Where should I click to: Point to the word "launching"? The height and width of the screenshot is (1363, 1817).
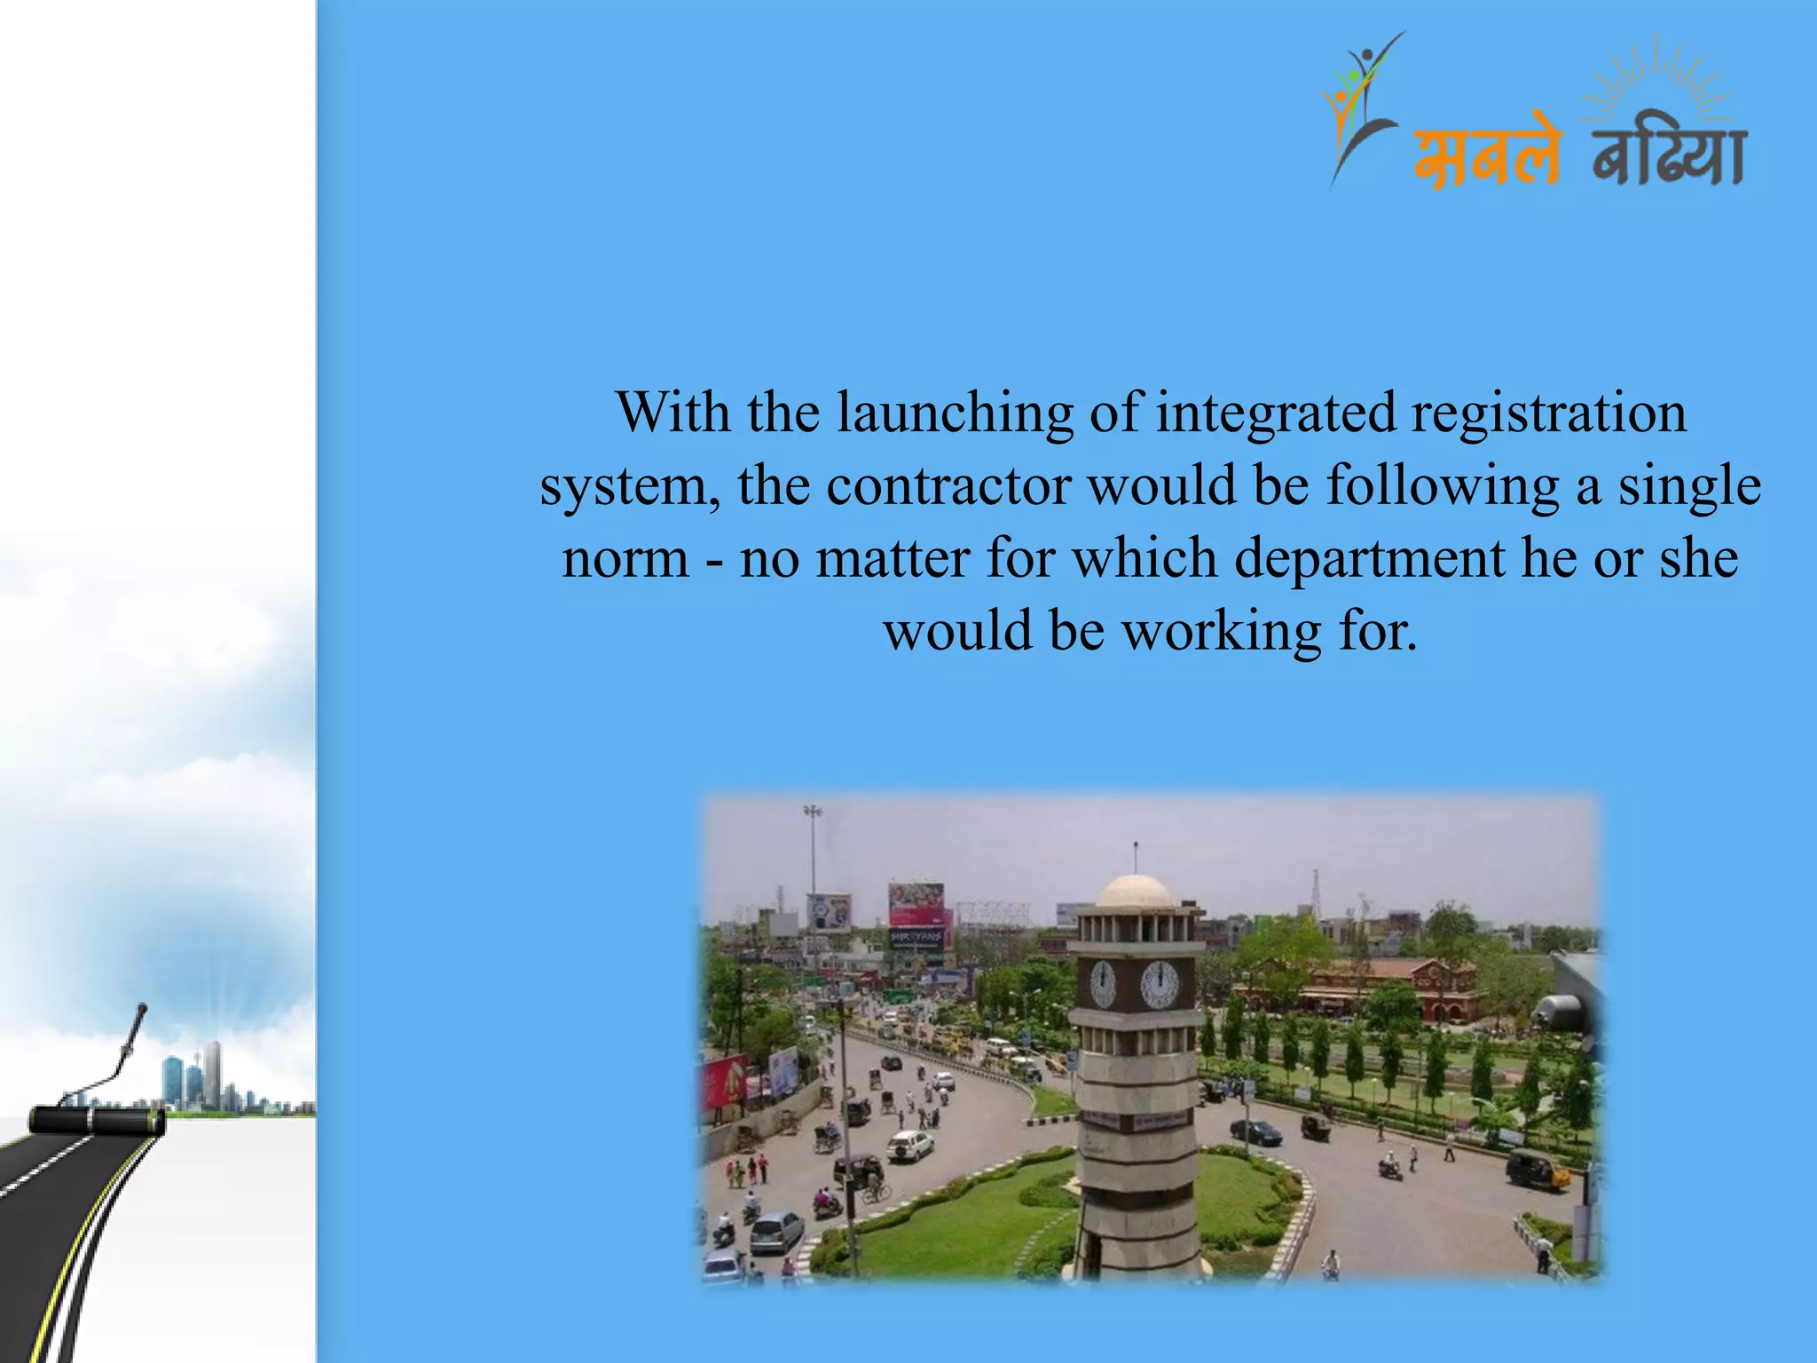click(x=955, y=414)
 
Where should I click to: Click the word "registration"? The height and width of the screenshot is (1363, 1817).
click(x=1548, y=414)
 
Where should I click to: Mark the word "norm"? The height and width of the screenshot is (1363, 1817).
click(x=625, y=559)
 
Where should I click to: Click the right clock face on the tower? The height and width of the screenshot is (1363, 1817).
click(x=1159, y=983)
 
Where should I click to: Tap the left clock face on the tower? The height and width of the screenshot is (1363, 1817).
click(x=1102, y=983)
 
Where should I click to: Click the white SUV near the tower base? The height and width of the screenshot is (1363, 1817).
click(x=910, y=1145)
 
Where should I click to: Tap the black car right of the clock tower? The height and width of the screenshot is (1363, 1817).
click(x=1256, y=1131)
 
